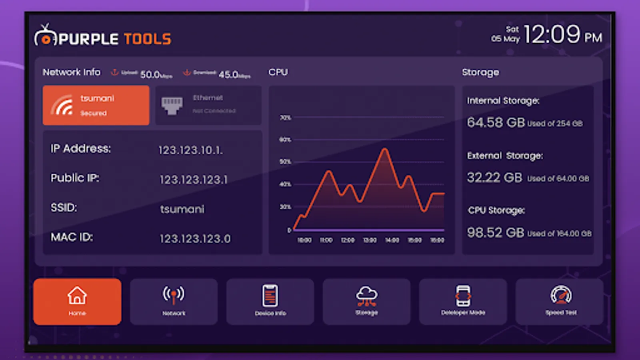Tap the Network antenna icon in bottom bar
(x=174, y=295)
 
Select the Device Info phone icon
(x=270, y=296)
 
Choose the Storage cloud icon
(x=366, y=295)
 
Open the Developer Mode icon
(x=463, y=296)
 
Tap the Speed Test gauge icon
(x=561, y=295)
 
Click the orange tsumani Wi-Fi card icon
(x=62, y=105)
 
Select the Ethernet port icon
(x=172, y=105)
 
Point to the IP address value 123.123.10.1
(x=190, y=150)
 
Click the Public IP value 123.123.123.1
(x=194, y=180)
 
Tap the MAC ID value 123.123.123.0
(x=195, y=239)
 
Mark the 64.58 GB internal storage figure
(x=496, y=122)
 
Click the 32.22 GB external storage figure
(x=494, y=178)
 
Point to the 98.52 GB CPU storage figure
(x=496, y=233)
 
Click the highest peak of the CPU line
(x=385, y=149)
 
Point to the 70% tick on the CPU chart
(x=286, y=118)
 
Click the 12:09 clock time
(x=552, y=34)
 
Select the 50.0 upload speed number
(x=150, y=75)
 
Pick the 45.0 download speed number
(x=228, y=75)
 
